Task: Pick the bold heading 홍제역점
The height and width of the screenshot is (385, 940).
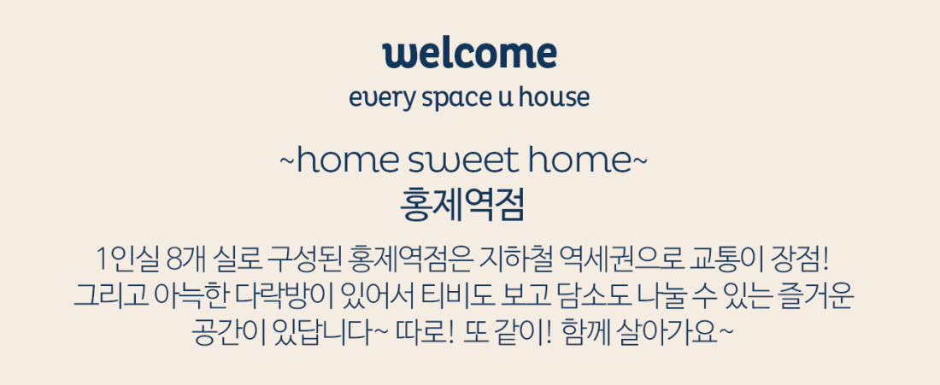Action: (462, 204)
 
